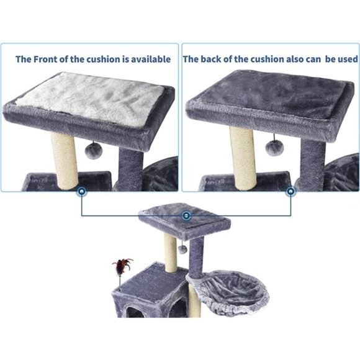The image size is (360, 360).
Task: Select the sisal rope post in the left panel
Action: point(65,159)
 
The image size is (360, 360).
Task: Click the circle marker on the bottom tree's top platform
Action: point(186,215)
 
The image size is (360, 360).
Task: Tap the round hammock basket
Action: point(227,292)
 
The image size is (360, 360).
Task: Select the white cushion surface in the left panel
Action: point(93,99)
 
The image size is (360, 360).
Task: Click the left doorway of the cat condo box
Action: point(132,310)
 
